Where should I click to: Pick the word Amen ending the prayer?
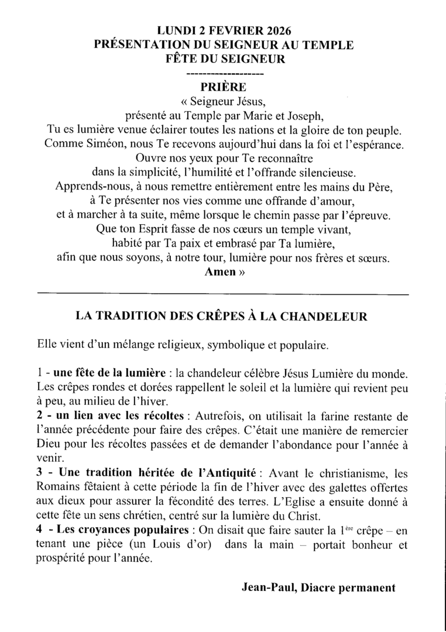pos(218,272)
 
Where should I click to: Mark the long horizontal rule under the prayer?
pos(222,292)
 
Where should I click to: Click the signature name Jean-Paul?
pos(266,588)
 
